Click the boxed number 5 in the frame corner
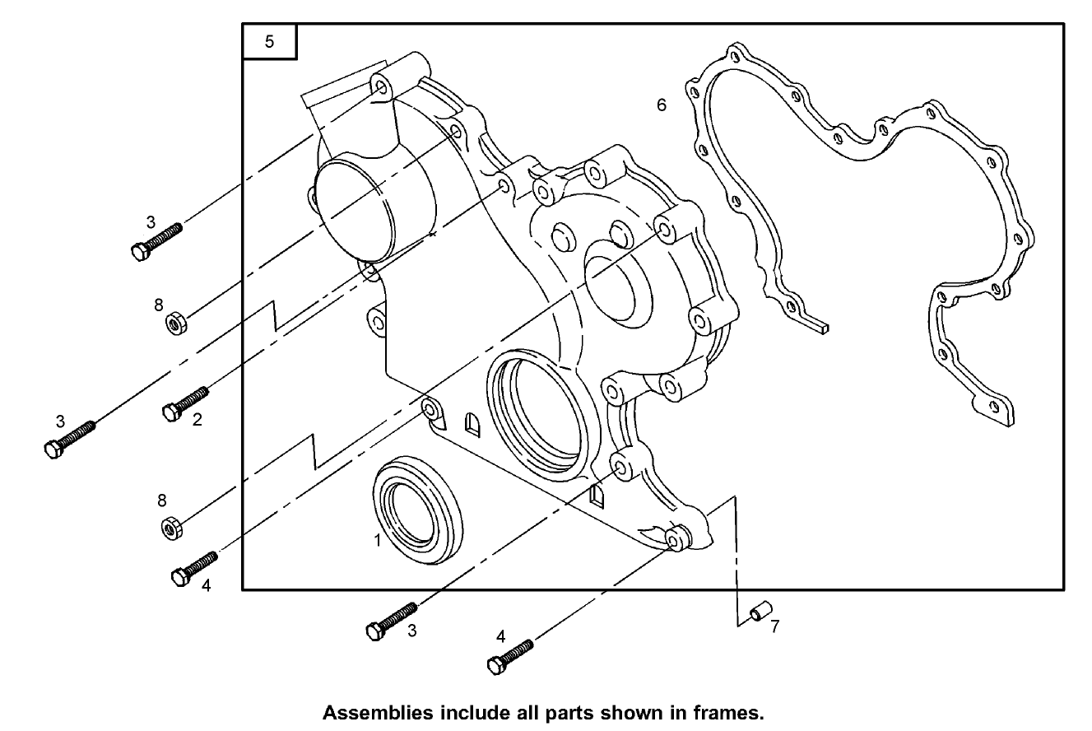tap(269, 42)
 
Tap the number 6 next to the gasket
tap(661, 105)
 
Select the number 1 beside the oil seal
tap(377, 541)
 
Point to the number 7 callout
tap(774, 626)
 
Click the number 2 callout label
tap(197, 420)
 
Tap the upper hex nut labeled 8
tap(175, 323)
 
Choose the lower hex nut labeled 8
tap(171, 527)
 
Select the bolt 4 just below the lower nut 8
tap(194, 568)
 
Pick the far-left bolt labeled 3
tap(69, 437)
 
